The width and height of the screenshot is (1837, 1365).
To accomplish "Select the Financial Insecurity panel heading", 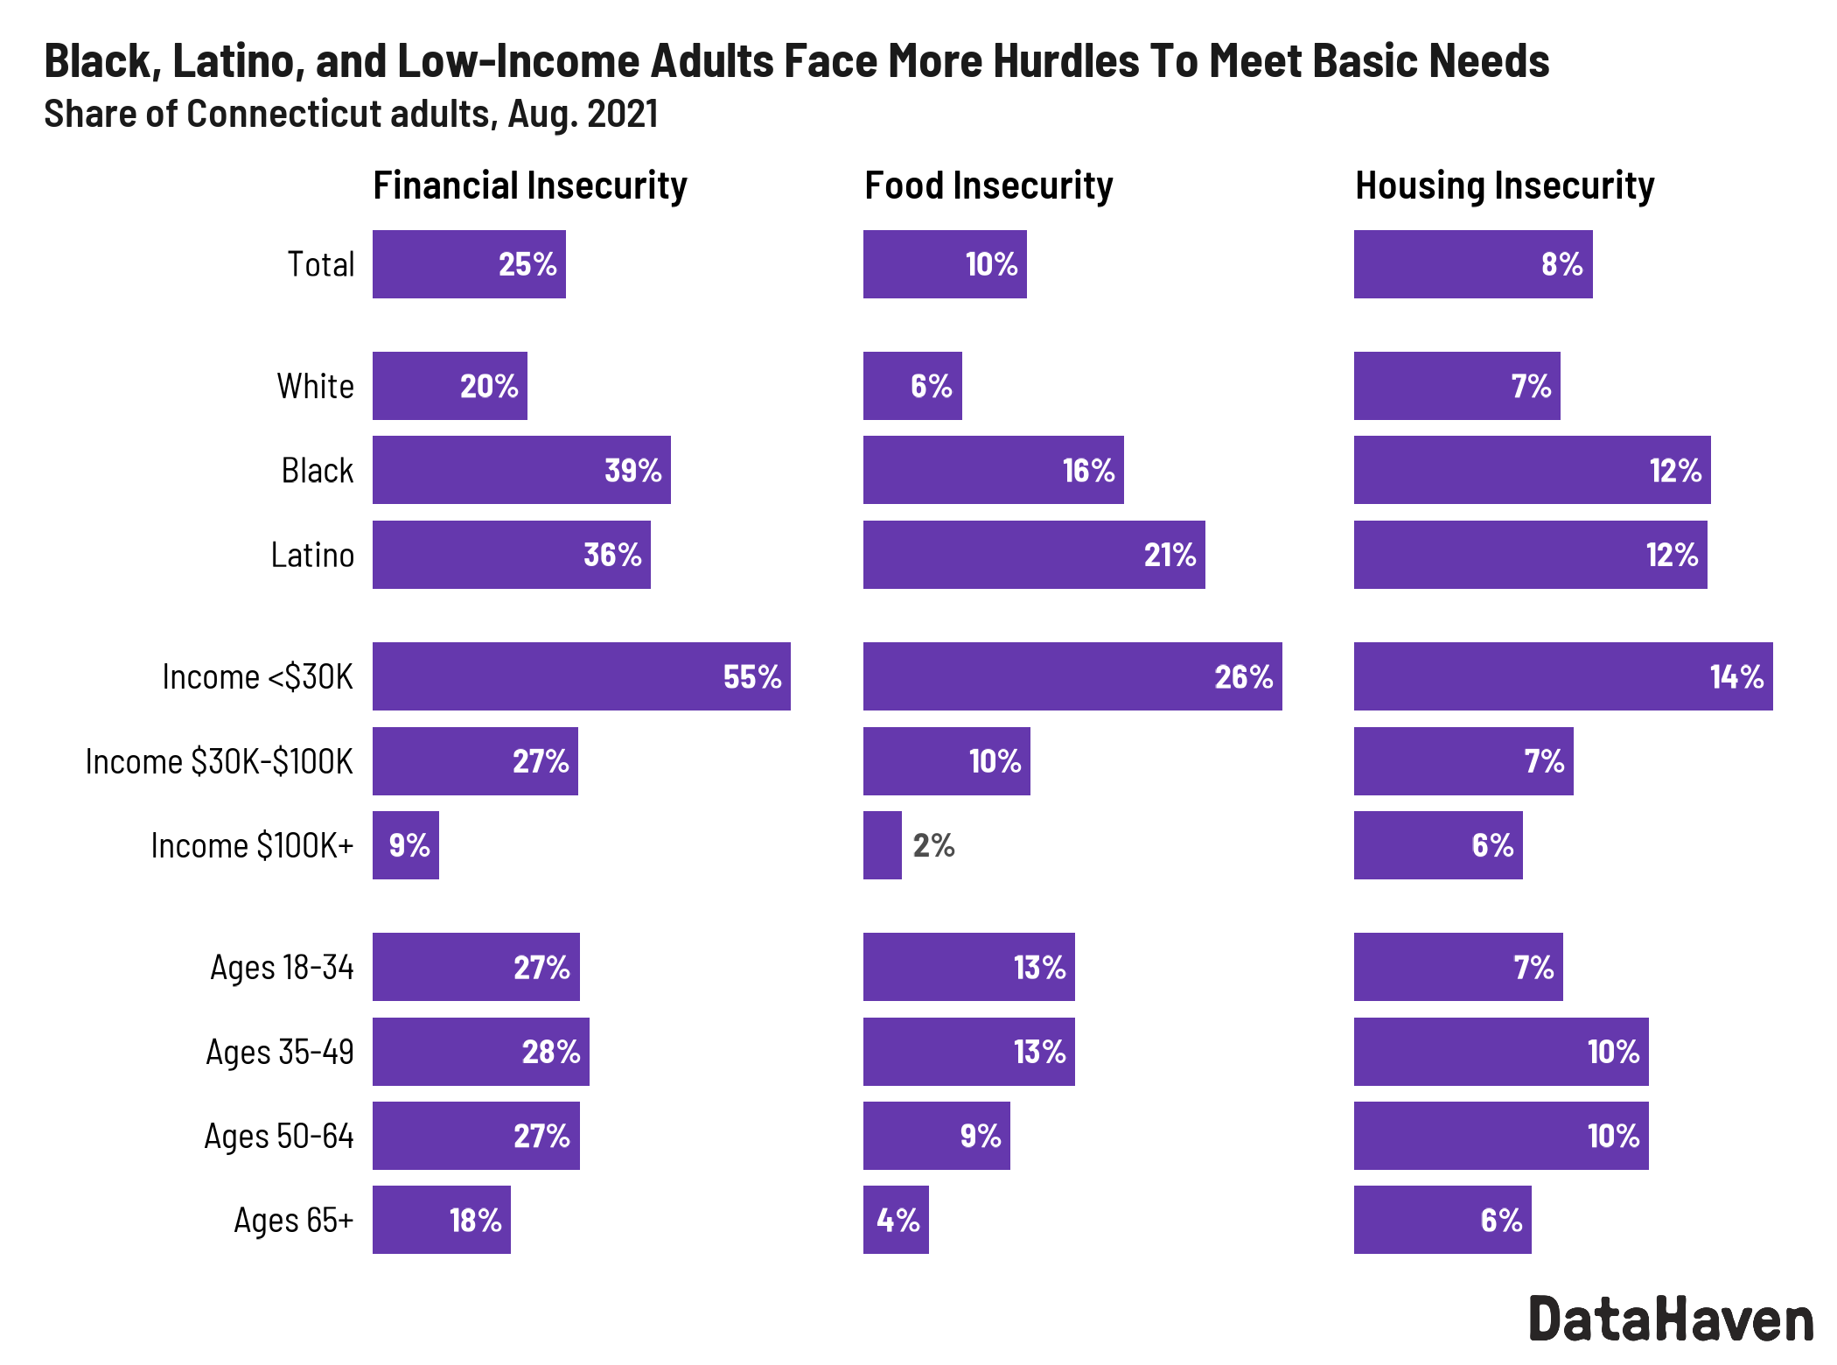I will (x=530, y=185).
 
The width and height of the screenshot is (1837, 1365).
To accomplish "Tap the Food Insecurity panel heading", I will (x=988, y=185).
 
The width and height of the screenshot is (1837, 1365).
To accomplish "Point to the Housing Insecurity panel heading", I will (x=1505, y=185).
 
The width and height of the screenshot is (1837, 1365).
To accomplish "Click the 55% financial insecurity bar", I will (x=581, y=676).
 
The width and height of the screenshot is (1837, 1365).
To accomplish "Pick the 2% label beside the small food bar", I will (x=933, y=845).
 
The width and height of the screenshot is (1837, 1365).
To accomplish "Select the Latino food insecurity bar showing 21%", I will (x=1033, y=555).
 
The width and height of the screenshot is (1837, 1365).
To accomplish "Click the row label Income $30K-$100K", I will (x=219, y=761).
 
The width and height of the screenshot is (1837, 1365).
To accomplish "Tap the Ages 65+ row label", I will (x=293, y=1220).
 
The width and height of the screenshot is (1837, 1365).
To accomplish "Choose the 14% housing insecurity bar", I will (x=1562, y=676).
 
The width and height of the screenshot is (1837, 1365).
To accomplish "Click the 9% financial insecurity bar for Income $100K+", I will (x=405, y=845).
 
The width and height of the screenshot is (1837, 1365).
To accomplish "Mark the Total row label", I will (x=321, y=264).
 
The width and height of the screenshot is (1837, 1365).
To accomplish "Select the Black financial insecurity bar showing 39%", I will (x=521, y=470).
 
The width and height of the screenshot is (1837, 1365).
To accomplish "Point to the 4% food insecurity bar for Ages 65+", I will (x=896, y=1220).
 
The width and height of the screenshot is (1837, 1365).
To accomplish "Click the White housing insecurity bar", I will (x=1456, y=386).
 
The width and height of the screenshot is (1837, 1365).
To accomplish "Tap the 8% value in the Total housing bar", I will (x=1561, y=264).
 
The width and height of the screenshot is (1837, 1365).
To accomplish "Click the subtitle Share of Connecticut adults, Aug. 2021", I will (x=351, y=114).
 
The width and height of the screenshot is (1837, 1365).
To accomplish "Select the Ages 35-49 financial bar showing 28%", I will (x=480, y=1052).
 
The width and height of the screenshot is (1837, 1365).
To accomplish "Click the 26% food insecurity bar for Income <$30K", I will (x=1072, y=676).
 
